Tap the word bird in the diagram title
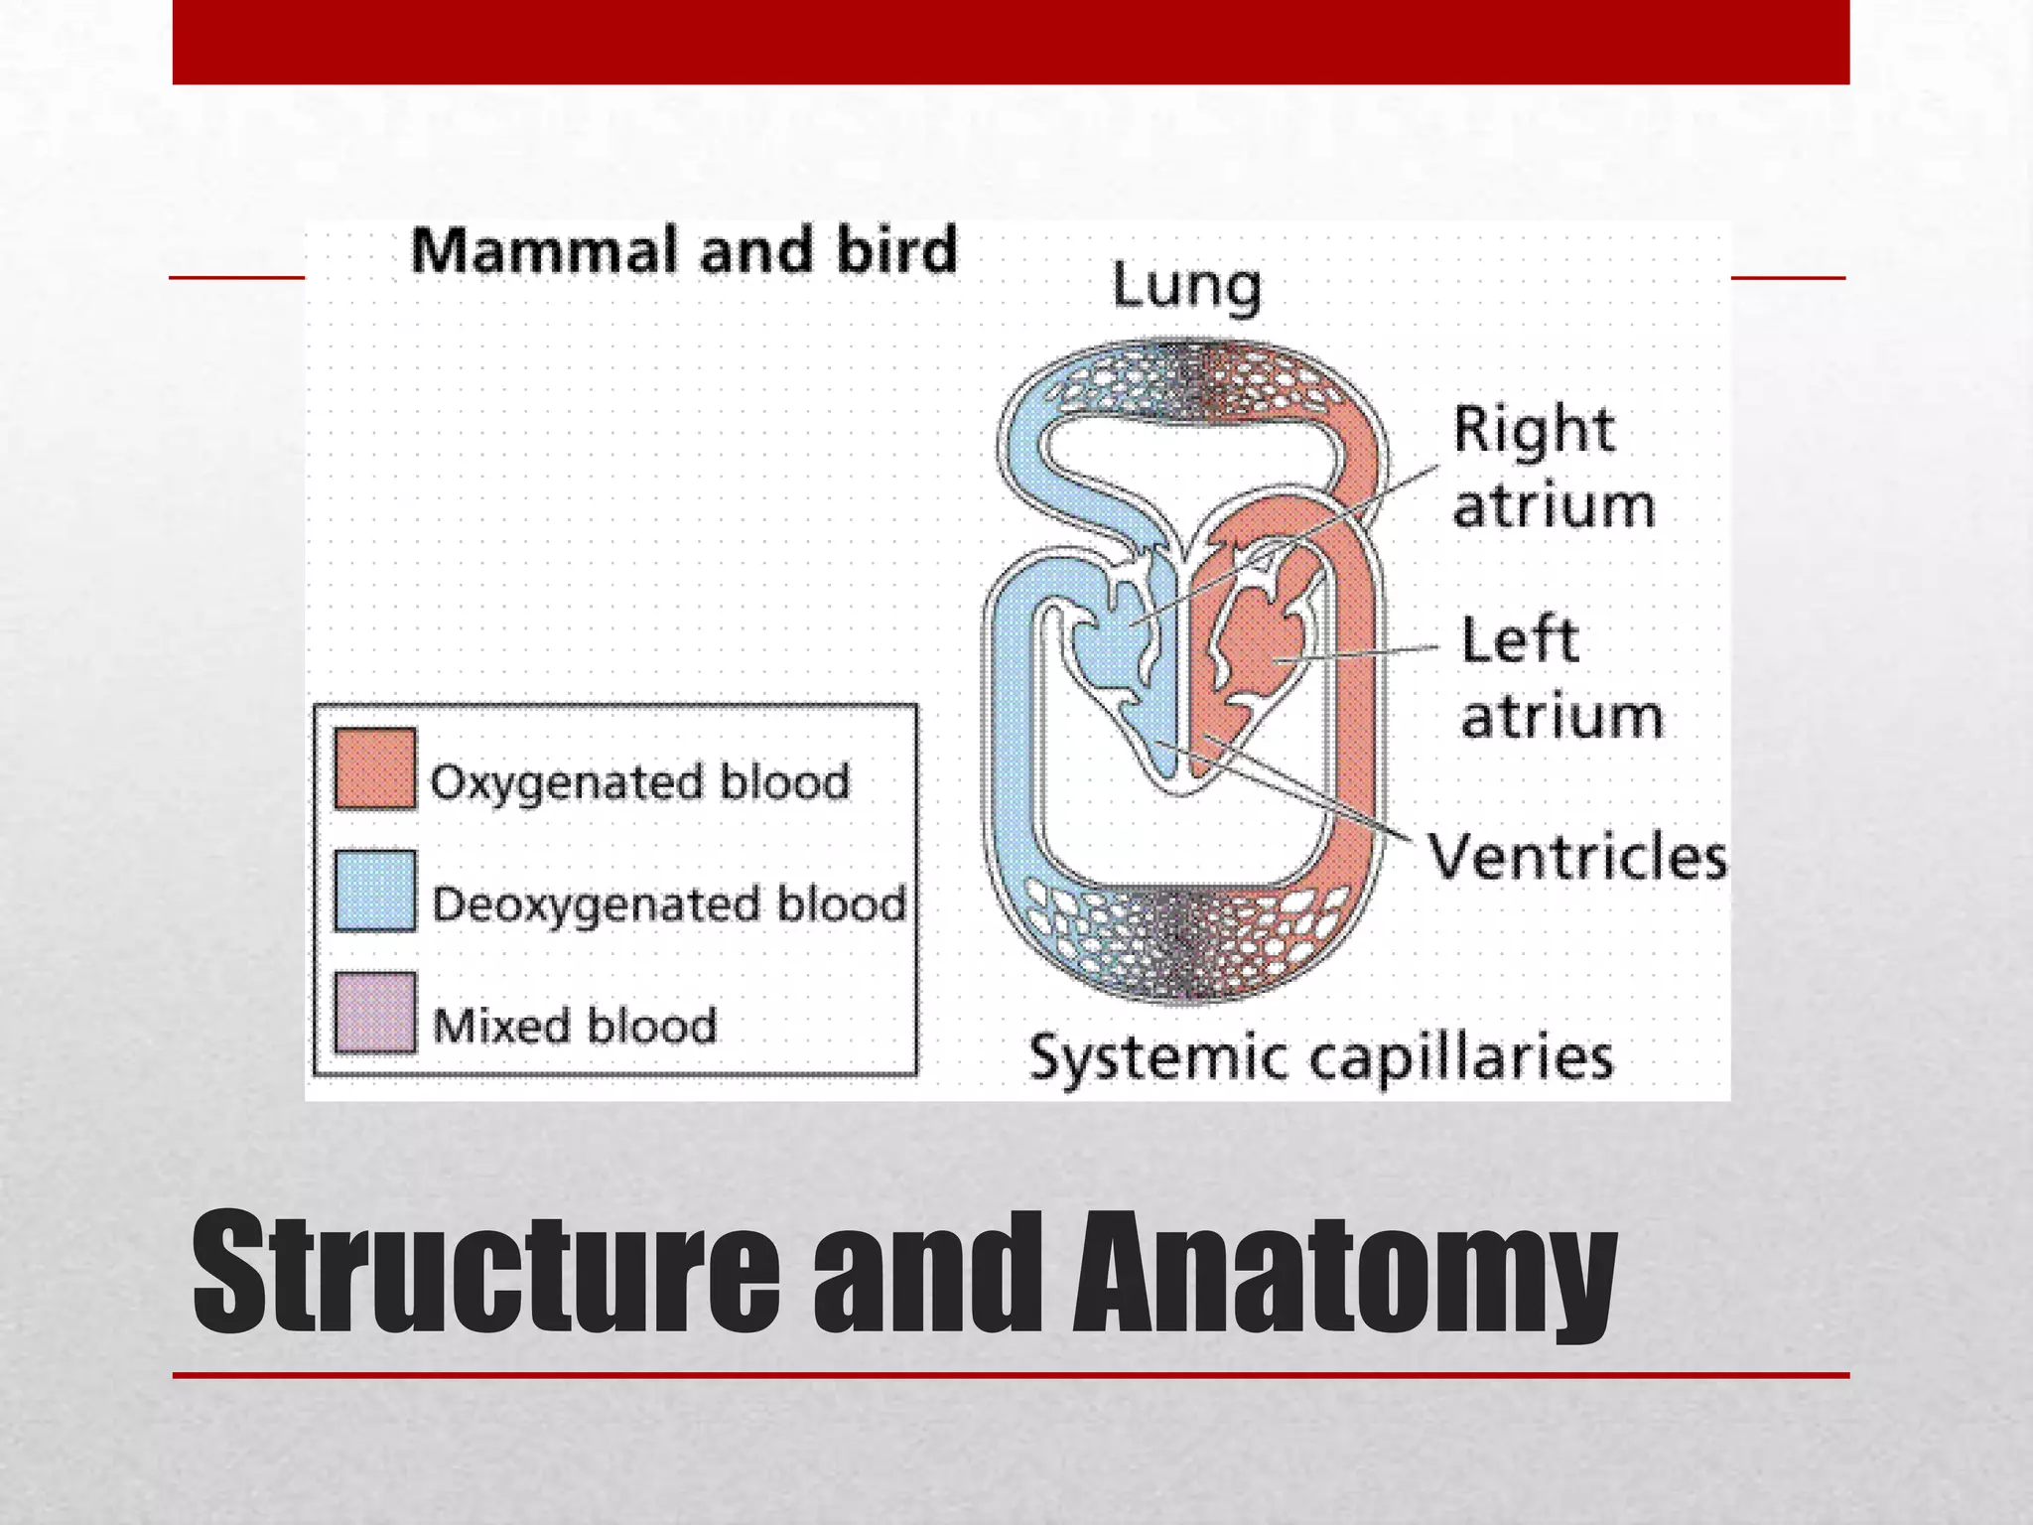pyautogui.click(x=896, y=250)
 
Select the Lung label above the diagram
pyautogui.click(x=1186, y=288)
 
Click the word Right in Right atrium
pyautogui.click(x=1534, y=432)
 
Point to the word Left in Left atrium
pyautogui.click(x=1519, y=640)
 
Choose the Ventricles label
pyautogui.click(x=1577, y=857)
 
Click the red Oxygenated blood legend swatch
pyautogui.click(x=374, y=769)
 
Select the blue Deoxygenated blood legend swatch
pyautogui.click(x=374, y=891)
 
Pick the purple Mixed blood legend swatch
pyautogui.click(x=374, y=1013)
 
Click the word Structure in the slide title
pyautogui.click(x=486, y=1274)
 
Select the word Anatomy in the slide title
pyautogui.click(x=1345, y=1276)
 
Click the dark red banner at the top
pyautogui.click(x=1011, y=42)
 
